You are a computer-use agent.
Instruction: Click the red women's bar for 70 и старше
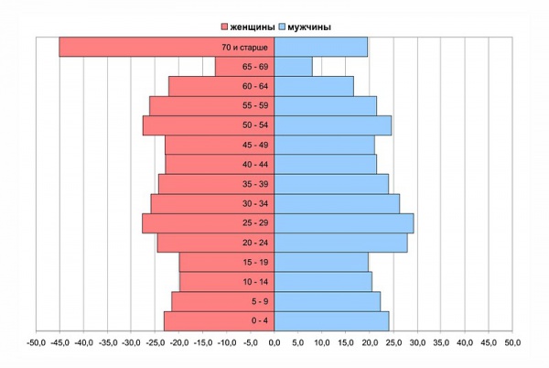[167, 47]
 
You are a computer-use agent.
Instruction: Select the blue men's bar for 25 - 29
[344, 223]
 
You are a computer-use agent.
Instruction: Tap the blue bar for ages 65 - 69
[294, 67]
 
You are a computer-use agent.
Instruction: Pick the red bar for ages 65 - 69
[244, 67]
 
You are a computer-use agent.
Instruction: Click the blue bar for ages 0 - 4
[331, 321]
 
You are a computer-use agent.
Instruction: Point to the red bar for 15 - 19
[227, 262]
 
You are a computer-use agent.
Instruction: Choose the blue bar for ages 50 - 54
[333, 125]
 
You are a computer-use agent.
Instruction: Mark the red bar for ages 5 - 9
[223, 301]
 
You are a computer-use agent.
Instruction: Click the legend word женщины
[253, 27]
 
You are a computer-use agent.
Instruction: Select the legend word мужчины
[309, 27]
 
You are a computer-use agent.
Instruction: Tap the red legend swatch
[224, 27]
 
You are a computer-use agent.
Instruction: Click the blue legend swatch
[282, 27]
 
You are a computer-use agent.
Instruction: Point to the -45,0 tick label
[59, 342]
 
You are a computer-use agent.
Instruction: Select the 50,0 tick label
[512, 342]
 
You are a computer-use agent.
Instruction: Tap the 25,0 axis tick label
[393, 342]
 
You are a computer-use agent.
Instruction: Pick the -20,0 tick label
[179, 342]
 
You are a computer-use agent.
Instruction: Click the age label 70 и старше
[244, 48]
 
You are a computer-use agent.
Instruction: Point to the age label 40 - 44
[255, 164]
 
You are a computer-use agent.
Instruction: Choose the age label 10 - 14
[255, 282]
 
